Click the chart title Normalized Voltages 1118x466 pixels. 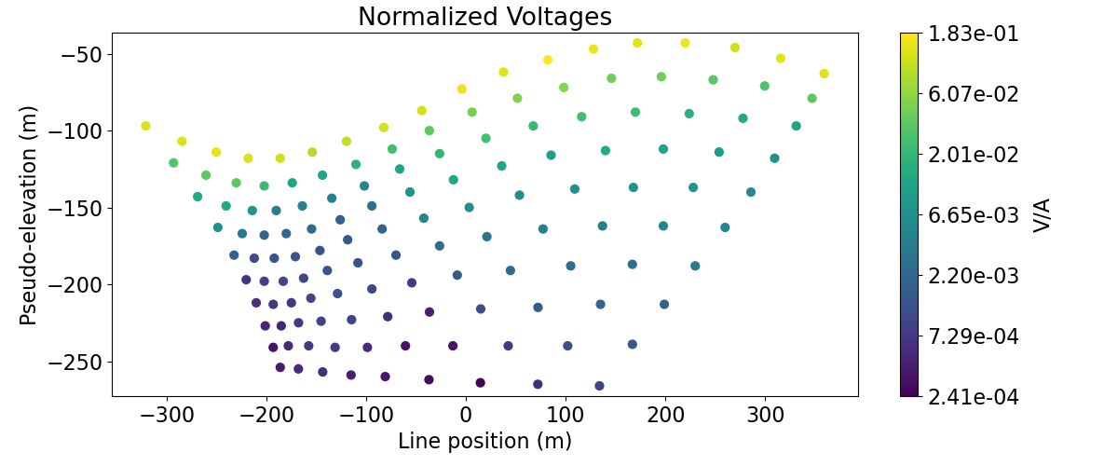[484, 17]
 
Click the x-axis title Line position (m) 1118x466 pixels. [484, 441]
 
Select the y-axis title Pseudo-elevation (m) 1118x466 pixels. [29, 214]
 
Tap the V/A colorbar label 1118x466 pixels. [1043, 215]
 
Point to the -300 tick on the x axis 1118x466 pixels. [167, 414]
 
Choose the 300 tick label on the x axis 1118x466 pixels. [765, 414]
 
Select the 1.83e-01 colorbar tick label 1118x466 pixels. [973, 34]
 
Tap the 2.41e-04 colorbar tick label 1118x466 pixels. [973, 397]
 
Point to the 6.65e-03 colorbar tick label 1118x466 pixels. [973, 215]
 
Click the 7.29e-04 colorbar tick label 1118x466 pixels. [973, 336]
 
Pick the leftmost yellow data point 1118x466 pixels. [145, 126]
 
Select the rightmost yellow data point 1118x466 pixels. [824, 74]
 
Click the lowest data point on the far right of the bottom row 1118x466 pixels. [599, 386]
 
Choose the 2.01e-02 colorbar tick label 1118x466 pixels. [973, 155]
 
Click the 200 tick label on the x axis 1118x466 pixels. [665, 414]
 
